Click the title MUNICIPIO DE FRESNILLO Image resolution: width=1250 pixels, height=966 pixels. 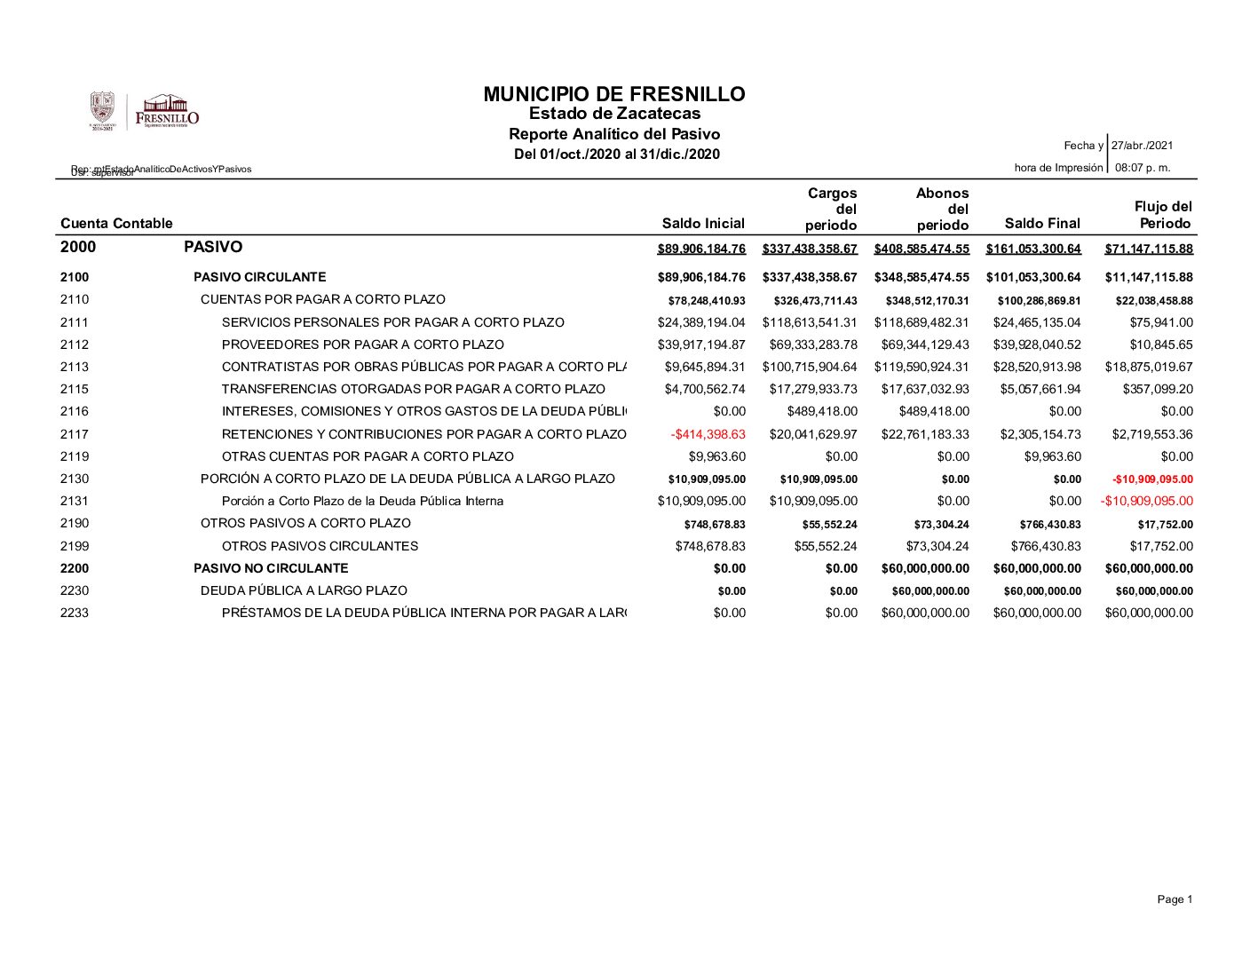click(x=614, y=94)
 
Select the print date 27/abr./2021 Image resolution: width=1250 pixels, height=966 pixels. click(x=1143, y=146)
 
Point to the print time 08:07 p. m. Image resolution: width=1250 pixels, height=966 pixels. click(x=1143, y=168)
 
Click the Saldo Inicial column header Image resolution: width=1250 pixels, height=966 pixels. click(x=703, y=224)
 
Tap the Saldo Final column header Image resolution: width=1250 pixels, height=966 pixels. click(x=1042, y=224)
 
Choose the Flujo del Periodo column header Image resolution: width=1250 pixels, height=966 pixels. click(x=1163, y=215)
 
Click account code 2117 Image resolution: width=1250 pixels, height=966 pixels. click(x=75, y=434)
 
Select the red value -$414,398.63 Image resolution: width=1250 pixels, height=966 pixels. click(x=708, y=434)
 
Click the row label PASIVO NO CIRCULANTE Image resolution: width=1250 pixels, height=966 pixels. click(x=271, y=568)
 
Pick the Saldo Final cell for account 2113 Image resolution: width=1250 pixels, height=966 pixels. click(x=1037, y=367)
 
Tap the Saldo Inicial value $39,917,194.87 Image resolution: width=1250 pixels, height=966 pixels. click(x=701, y=344)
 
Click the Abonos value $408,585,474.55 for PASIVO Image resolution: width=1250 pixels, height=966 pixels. click(x=922, y=249)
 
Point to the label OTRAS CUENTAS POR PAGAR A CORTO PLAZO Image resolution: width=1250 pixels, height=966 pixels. click(x=368, y=456)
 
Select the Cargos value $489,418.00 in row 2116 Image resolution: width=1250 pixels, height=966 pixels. click(x=822, y=411)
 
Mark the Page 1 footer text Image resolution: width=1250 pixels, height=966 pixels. click(x=1175, y=899)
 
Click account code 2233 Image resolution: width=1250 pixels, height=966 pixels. click(x=75, y=613)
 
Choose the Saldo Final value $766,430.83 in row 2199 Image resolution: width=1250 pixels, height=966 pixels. click(x=1046, y=546)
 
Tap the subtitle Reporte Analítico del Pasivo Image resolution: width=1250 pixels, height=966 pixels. click(x=614, y=134)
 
